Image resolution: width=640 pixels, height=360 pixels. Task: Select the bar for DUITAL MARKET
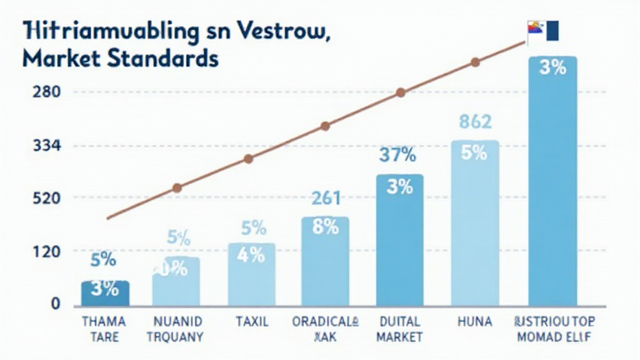pos(399,240)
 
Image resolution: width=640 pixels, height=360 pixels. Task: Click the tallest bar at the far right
pos(552,181)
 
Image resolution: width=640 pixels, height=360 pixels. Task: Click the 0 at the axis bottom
pos(55,304)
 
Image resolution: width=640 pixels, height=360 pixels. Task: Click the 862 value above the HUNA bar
pos(475,122)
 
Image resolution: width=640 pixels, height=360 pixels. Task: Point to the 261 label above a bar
pos(326,199)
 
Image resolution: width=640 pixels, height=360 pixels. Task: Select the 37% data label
pos(398,154)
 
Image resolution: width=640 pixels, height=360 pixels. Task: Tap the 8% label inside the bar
pos(325,227)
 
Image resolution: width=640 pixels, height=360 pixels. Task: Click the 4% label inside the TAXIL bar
pos(251,255)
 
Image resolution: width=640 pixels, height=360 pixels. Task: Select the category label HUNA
pos(474,322)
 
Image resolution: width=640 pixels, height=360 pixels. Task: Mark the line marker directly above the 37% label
pos(401,92)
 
